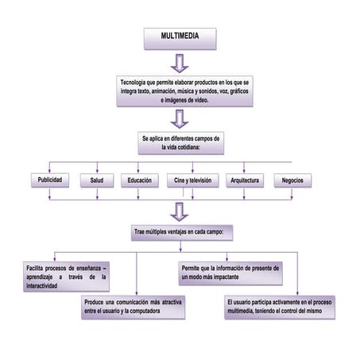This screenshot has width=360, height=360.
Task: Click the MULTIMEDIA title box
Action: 180,37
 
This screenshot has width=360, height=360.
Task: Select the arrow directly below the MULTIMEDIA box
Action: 180,63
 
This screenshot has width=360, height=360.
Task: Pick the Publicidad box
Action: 49,180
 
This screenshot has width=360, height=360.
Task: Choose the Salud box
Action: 96,180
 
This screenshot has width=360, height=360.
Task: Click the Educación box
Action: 140,180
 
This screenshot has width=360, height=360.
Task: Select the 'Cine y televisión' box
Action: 192,180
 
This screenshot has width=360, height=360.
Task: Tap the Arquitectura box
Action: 244,180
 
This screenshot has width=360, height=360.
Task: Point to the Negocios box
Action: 292,180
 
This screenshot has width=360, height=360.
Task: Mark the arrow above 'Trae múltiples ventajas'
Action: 180,210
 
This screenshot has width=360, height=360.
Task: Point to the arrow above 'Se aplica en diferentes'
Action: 180,118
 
